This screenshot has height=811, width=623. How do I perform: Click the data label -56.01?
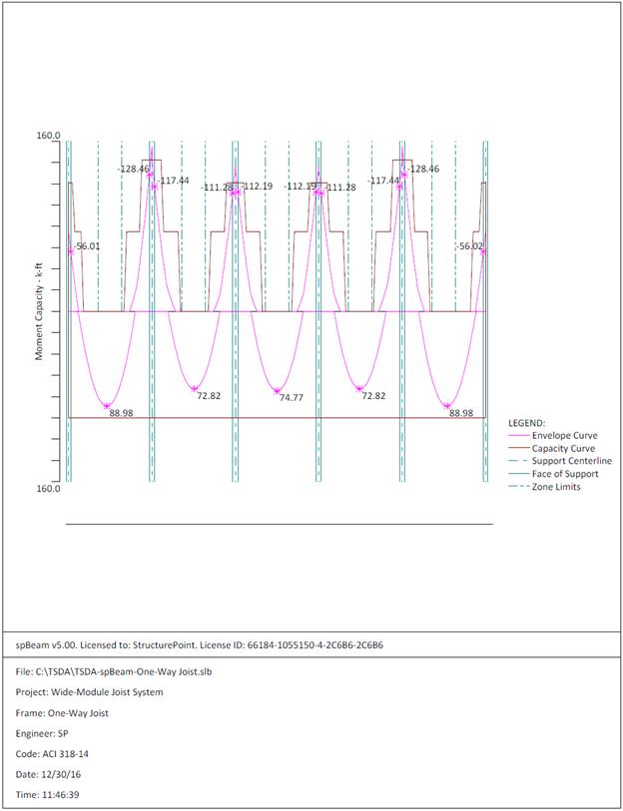pyautogui.click(x=87, y=246)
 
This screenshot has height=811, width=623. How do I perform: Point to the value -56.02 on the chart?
pyautogui.click(x=469, y=246)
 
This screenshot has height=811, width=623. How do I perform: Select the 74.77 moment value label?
pyautogui.click(x=292, y=398)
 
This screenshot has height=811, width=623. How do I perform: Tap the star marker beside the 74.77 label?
pyautogui.click(x=278, y=390)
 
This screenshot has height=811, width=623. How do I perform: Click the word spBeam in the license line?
pyautogui.click(x=31, y=645)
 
